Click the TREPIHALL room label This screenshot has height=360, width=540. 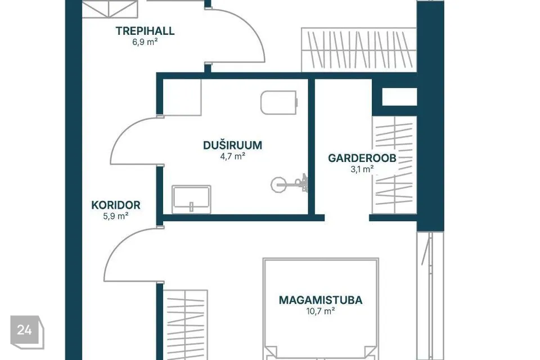point(145,31)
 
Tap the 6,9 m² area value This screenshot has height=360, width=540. point(145,42)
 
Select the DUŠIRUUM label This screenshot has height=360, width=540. point(232,145)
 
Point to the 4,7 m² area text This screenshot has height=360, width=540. point(232,156)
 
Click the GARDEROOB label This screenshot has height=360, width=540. point(362,158)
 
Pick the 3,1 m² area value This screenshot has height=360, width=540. point(362,169)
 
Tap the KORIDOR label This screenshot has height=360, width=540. point(116,205)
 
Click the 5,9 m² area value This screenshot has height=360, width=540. point(116,217)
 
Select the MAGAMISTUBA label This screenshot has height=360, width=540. point(321,300)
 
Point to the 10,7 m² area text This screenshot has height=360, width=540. point(321,312)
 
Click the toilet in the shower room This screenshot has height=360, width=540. point(279,102)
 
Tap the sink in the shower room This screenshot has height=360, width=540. point(191,199)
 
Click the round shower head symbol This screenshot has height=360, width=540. point(278,184)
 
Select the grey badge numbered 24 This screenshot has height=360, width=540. point(27,332)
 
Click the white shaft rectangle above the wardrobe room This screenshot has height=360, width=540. point(399,96)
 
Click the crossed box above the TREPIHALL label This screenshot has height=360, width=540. point(110,9)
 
